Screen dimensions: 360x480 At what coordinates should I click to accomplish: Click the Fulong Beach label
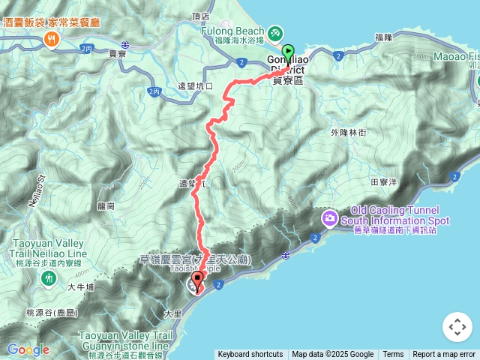(240, 32)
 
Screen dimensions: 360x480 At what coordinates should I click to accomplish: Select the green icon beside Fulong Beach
(275, 33)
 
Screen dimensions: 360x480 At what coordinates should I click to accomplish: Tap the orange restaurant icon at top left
(52, 41)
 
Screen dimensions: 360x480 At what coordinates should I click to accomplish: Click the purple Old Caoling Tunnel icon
(330, 218)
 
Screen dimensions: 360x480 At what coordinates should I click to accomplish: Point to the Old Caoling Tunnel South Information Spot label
(394, 220)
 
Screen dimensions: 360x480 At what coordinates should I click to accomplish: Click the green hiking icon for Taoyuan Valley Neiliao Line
(49, 277)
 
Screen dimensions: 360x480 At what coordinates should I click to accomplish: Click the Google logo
(28, 349)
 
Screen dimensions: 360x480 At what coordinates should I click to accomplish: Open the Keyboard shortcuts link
(250, 355)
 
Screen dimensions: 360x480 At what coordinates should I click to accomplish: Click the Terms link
(393, 355)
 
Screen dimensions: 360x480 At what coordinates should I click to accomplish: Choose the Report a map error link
(444, 355)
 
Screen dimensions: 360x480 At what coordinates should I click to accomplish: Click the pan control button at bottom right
(457, 327)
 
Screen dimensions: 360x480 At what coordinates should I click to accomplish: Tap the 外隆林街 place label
(348, 132)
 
